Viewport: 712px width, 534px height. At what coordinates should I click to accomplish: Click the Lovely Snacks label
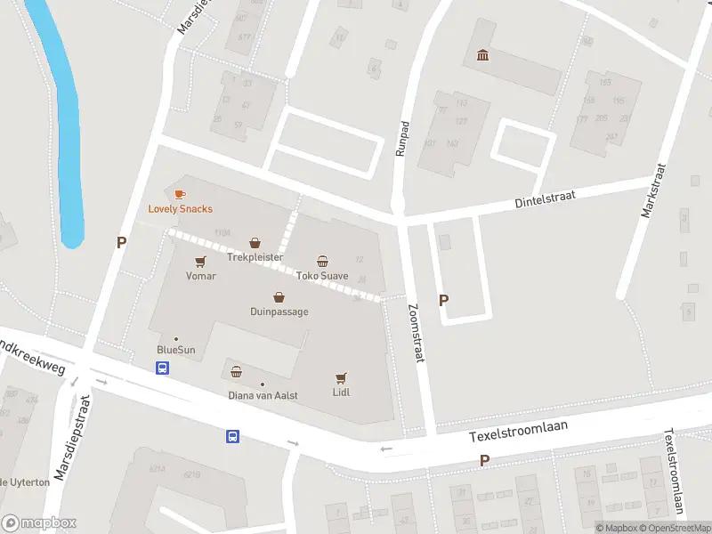(180, 209)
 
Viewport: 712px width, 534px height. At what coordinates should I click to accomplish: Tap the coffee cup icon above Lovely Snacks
(180, 194)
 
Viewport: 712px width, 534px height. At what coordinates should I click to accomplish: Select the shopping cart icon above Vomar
(200, 262)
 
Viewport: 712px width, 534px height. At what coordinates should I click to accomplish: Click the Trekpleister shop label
(255, 257)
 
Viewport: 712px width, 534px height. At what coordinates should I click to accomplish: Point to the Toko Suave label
(322, 276)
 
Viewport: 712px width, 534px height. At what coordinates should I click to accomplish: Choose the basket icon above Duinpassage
(279, 298)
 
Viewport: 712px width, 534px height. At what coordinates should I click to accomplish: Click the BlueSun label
(175, 350)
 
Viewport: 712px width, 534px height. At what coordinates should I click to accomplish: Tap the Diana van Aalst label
(263, 395)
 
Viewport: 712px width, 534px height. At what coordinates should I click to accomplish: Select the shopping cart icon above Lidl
(340, 378)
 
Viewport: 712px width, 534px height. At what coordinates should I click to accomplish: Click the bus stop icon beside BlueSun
(163, 368)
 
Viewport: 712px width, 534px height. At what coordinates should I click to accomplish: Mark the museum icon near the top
(483, 57)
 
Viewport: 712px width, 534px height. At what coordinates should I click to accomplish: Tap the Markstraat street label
(652, 190)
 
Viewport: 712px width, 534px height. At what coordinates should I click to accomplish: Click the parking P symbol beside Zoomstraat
(443, 301)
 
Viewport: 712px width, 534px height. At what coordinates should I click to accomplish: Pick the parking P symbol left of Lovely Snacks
(121, 242)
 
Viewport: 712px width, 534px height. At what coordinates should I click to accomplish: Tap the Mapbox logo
(39, 523)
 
